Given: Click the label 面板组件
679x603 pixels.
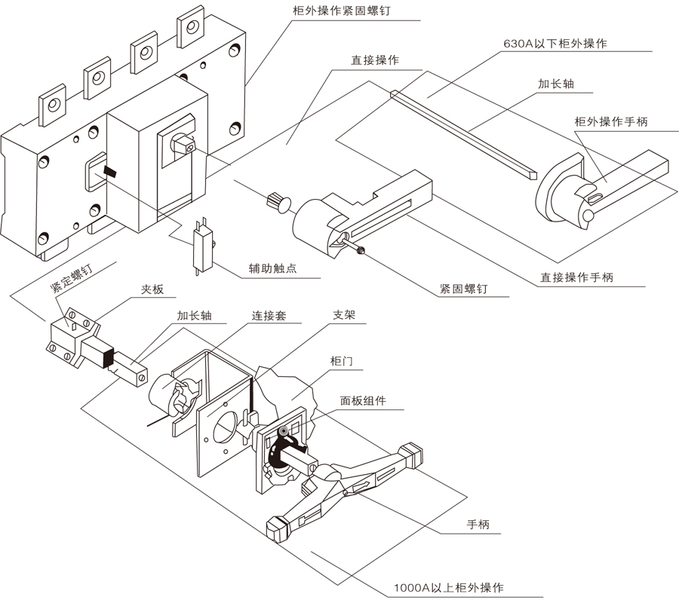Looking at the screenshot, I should click(363, 401).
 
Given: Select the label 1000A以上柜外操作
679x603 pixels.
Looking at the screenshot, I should click(448, 587).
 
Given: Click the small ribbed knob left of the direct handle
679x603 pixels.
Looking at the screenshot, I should click(278, 201).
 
